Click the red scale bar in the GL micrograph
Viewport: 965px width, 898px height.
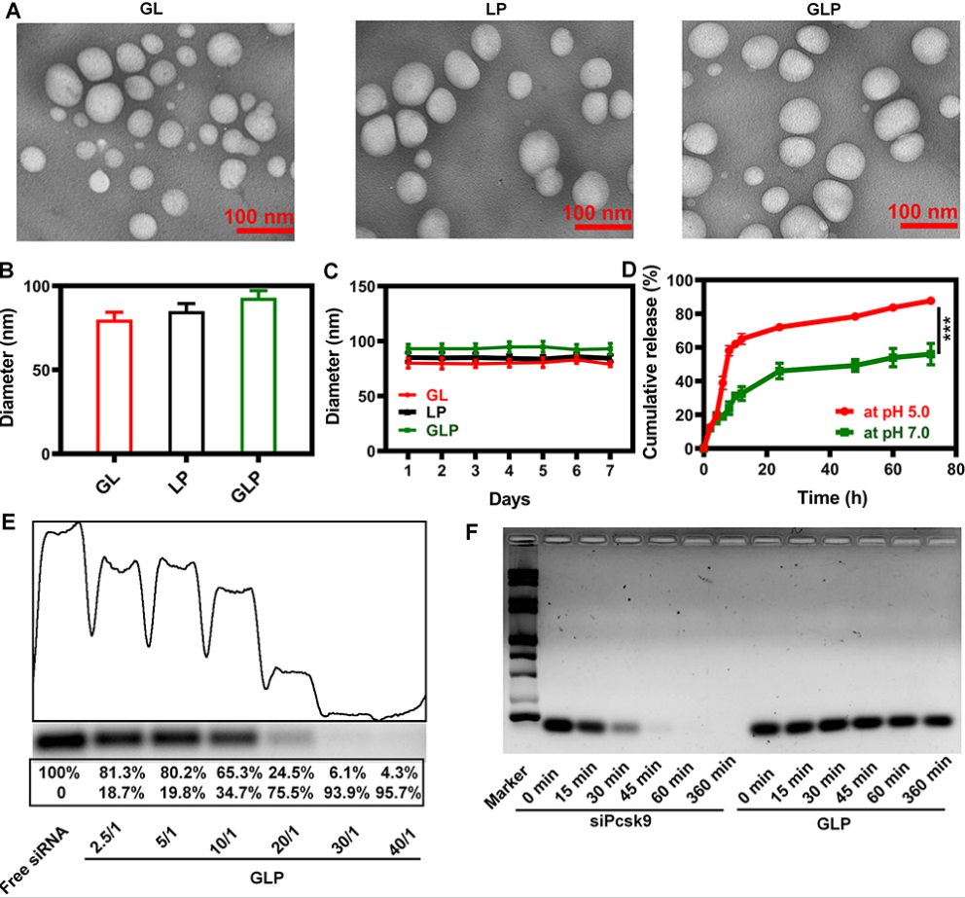point(266,231)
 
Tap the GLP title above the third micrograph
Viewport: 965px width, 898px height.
point(823,10)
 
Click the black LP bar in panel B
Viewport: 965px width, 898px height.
point(187,381)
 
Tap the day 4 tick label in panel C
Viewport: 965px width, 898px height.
point(509,471)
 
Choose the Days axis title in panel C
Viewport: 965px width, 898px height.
point(510,498)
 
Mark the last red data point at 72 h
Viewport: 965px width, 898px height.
point(931,301)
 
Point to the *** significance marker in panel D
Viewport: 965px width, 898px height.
point(947,328)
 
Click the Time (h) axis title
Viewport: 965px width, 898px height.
point(833,497)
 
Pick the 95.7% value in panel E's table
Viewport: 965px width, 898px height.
point(399,793)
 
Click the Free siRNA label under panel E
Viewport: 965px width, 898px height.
point(34,860)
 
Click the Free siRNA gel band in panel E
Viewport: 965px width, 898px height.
point(59,739)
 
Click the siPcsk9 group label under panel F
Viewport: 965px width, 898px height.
point(621,822)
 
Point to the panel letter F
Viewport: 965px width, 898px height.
point(472,532)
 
